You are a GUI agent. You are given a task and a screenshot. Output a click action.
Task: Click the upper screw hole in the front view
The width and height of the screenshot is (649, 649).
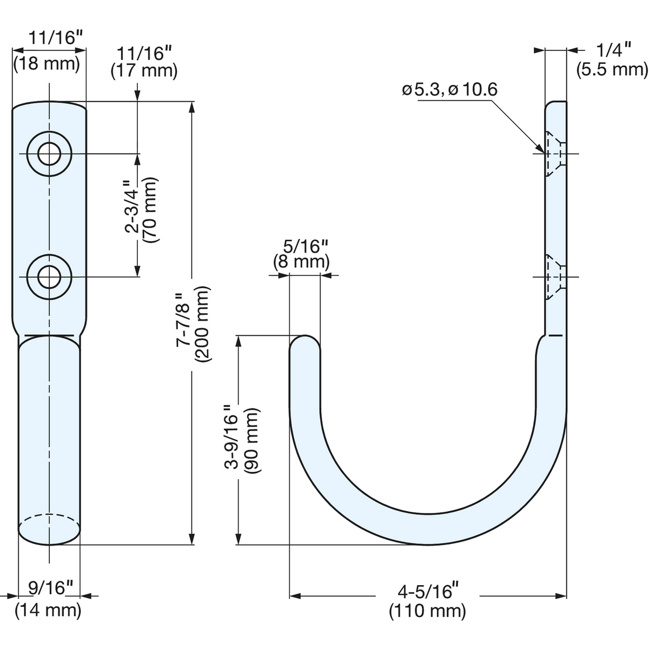[50, 154]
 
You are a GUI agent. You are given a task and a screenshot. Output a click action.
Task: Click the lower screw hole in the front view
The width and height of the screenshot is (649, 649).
[50, 277]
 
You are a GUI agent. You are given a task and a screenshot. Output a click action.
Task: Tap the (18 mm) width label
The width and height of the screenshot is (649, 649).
[47, 64]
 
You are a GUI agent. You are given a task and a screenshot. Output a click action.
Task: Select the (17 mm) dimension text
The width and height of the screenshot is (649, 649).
[144, 71]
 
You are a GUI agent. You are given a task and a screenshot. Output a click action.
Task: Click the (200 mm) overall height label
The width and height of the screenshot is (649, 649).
[203, 324]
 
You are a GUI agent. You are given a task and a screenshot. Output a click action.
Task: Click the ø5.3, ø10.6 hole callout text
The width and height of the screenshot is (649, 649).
[449, 90]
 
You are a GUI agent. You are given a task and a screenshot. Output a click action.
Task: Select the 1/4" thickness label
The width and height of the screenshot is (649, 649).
[608, 50]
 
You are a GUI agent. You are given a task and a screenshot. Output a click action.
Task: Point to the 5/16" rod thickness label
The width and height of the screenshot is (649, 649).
[305, 247]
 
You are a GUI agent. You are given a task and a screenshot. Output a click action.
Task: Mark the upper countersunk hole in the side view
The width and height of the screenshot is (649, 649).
[555, 154]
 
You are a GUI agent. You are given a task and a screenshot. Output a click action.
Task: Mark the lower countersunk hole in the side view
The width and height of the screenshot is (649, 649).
[555, 277]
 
